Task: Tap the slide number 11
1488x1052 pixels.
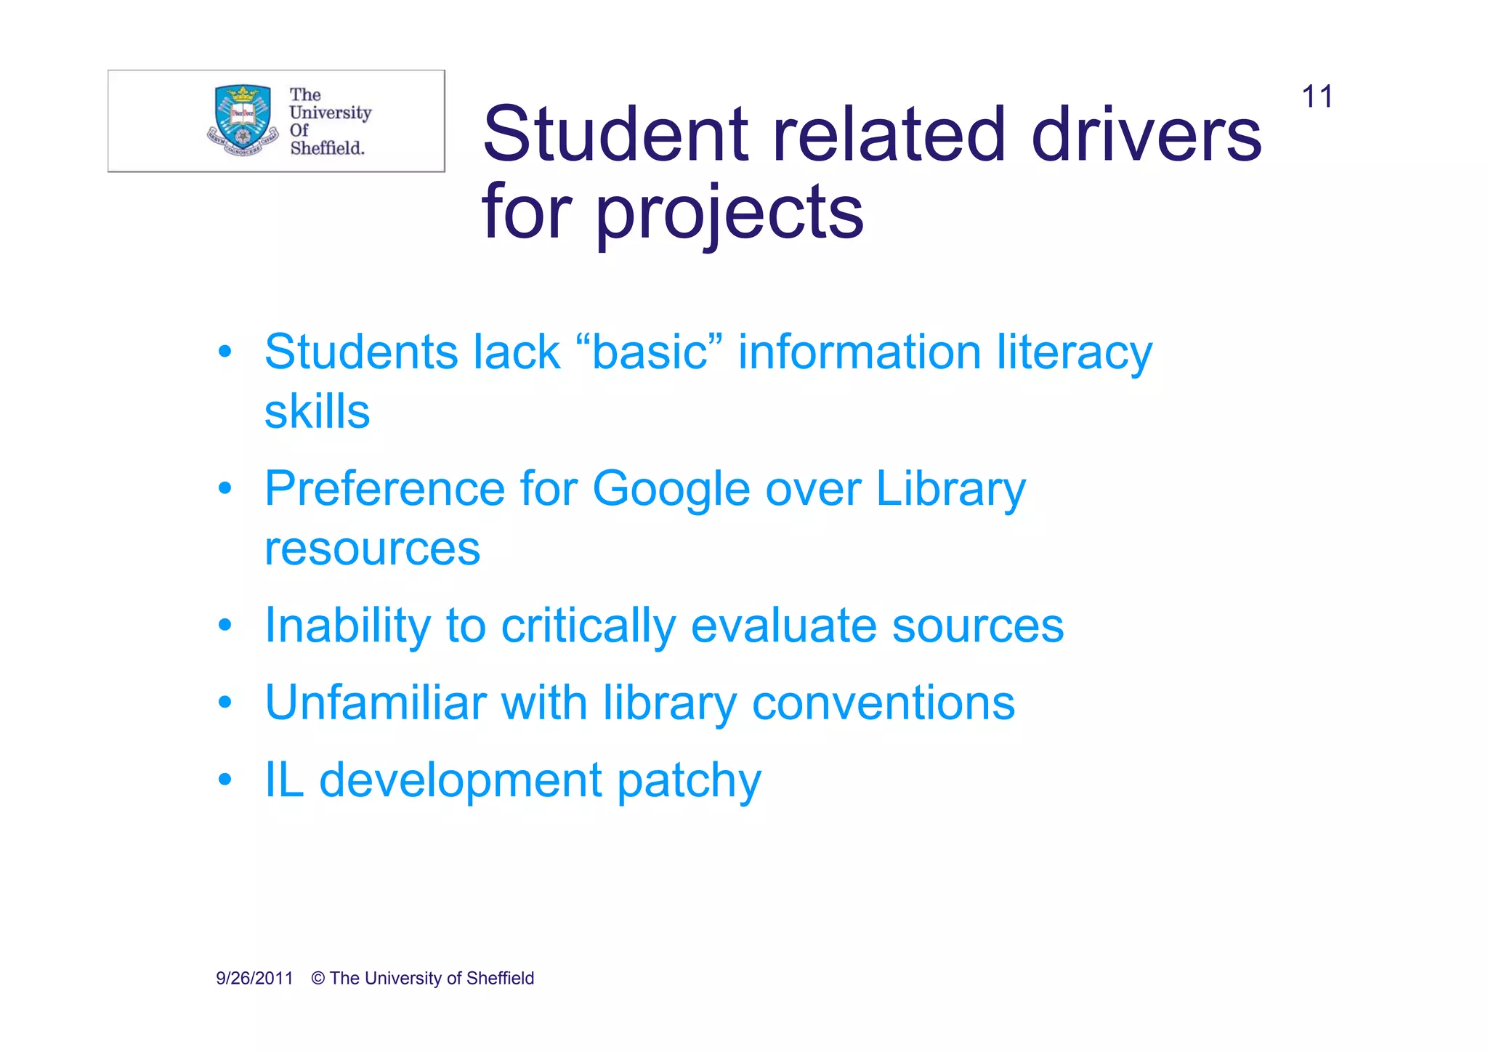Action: (x=1317, y=97)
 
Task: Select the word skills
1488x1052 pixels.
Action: (x=317, y=412)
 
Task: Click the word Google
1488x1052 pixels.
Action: (x=671, y=490)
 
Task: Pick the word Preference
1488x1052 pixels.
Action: (x=384, y=488)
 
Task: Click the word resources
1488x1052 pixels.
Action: (x=372, y=549)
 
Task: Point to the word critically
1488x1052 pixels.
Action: (x=588, y=626)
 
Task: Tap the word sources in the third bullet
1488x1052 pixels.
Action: (x=977, y=626)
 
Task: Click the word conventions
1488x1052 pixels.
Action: (x=883, y=704)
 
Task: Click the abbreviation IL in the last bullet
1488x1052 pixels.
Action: (x=284, y=780)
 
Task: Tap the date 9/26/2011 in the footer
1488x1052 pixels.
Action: (x=254, y=979)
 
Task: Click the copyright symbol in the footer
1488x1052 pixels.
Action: (x=318, y=979)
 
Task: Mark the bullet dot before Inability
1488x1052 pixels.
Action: (x=225, y=625)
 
